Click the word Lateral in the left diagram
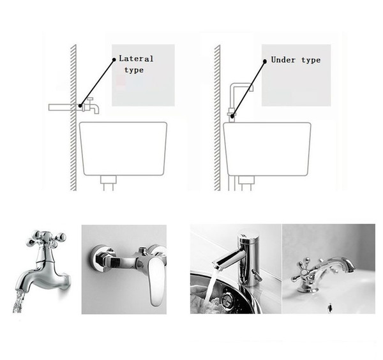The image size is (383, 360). (136, 59)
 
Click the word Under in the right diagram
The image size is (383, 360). (283, 60)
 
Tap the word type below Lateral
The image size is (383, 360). (134, 70)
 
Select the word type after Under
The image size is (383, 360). (311, 60)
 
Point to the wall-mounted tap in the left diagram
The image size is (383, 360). (91, 106)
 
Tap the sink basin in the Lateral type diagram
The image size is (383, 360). (123, 149)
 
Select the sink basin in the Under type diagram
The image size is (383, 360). (267, 149)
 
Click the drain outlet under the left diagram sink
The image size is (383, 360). (109, 183)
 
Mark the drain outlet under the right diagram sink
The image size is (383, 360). (246, 183)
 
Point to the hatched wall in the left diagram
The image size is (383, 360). (73, 117)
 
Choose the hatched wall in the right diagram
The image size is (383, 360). (217, 117)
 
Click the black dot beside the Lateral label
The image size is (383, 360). (114, 59)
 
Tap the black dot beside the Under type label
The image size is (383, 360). (264, 61)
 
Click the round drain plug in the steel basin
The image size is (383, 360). (228, 299)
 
